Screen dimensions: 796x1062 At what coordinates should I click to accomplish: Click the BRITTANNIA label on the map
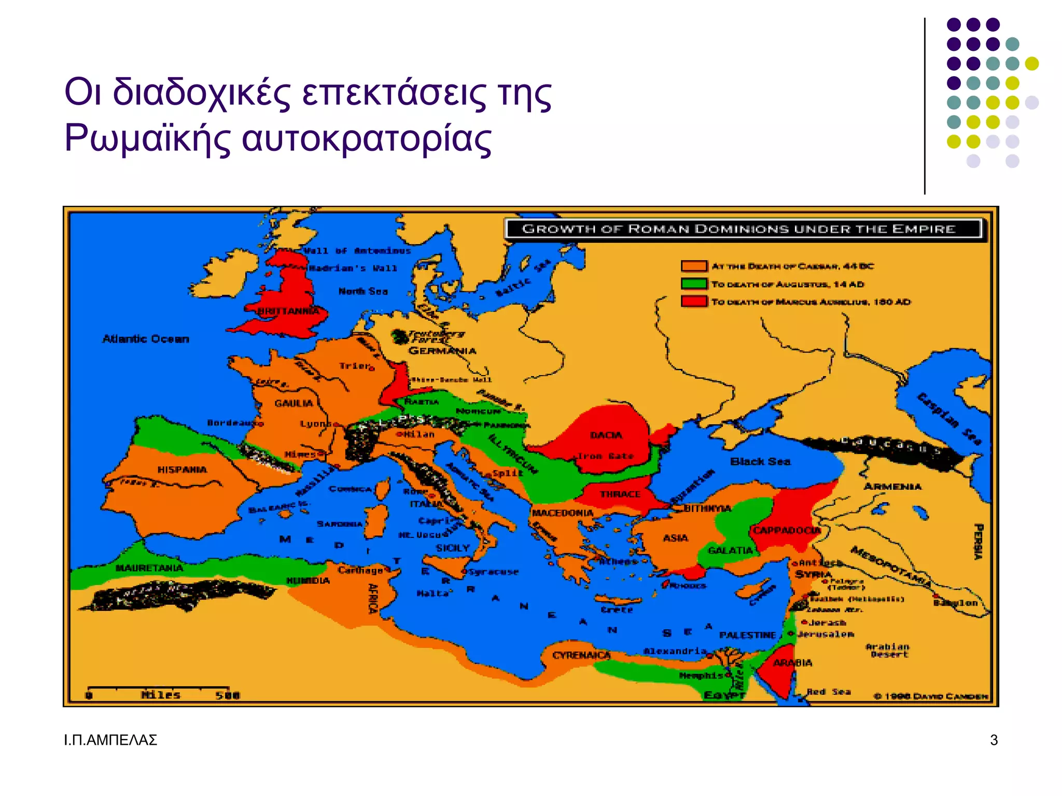pyautogui.click(x=289, y=311)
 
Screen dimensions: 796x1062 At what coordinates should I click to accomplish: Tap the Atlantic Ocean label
pyautogui.click(x=146, y=339)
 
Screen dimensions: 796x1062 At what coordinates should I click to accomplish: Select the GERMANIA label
pyautogui.click(x=442, y=351)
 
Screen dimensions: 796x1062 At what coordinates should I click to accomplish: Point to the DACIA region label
pyautogui.click(x=606, y=435)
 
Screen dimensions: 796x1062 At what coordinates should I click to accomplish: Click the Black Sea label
pyautogui.click(x=760, y=461)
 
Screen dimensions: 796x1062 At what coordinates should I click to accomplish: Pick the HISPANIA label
pyautogui.click(x=182, y=470)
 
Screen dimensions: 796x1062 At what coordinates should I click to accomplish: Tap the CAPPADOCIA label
pyautogui.click(x=787, y=530)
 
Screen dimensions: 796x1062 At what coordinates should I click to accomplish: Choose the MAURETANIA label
pyautogui.click(x=149, y=568)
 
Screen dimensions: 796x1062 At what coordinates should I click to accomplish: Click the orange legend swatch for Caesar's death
pyautogui.click(x=694, y=266)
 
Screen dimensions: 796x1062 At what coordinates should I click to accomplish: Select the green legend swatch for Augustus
pyautogui.click(x=694, y=283)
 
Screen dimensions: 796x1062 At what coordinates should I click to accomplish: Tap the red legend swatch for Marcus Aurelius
pyautogui.click(x=694, y=301)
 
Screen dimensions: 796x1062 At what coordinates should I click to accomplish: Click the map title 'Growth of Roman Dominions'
pyautogui.click(x=738, y=229)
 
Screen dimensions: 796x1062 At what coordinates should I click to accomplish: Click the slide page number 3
pyautogui.click(x=994, y=740)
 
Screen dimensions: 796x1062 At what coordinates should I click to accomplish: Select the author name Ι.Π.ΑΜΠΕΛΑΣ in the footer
pyautogui.click(x=110, y=740)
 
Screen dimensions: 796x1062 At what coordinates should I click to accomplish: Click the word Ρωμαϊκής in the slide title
pyautogui.click(x=147, y=138)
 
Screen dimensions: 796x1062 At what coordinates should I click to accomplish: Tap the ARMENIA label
pyautogui.click(x=892, y=487)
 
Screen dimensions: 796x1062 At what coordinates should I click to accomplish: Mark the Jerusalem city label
pyautogui.click(x=826, y=634)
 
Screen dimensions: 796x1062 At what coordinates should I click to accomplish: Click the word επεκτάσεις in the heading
pyautogui.click(x=394, y=93)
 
